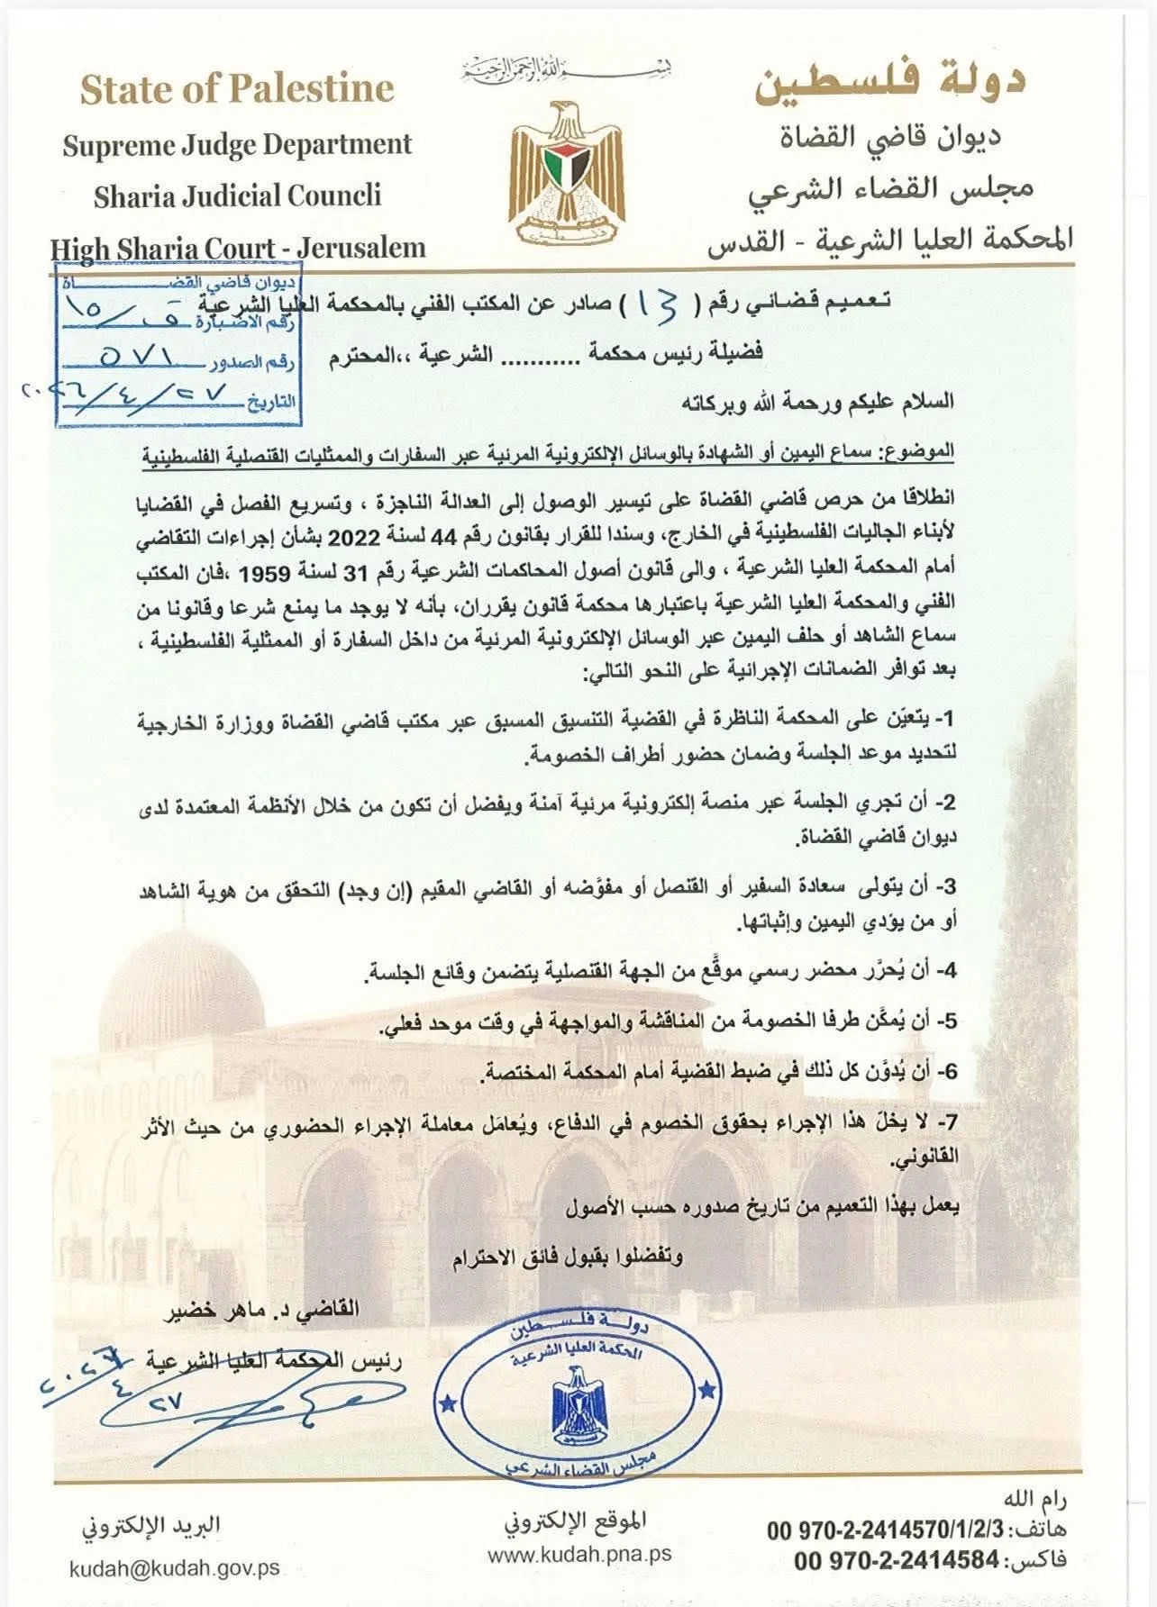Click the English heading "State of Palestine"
pos(237,89)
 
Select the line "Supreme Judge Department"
pos(237,144)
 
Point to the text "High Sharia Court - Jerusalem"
pos(237,248)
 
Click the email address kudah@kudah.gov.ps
pos(175,1568)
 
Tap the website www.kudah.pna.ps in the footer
pos(579,1555)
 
